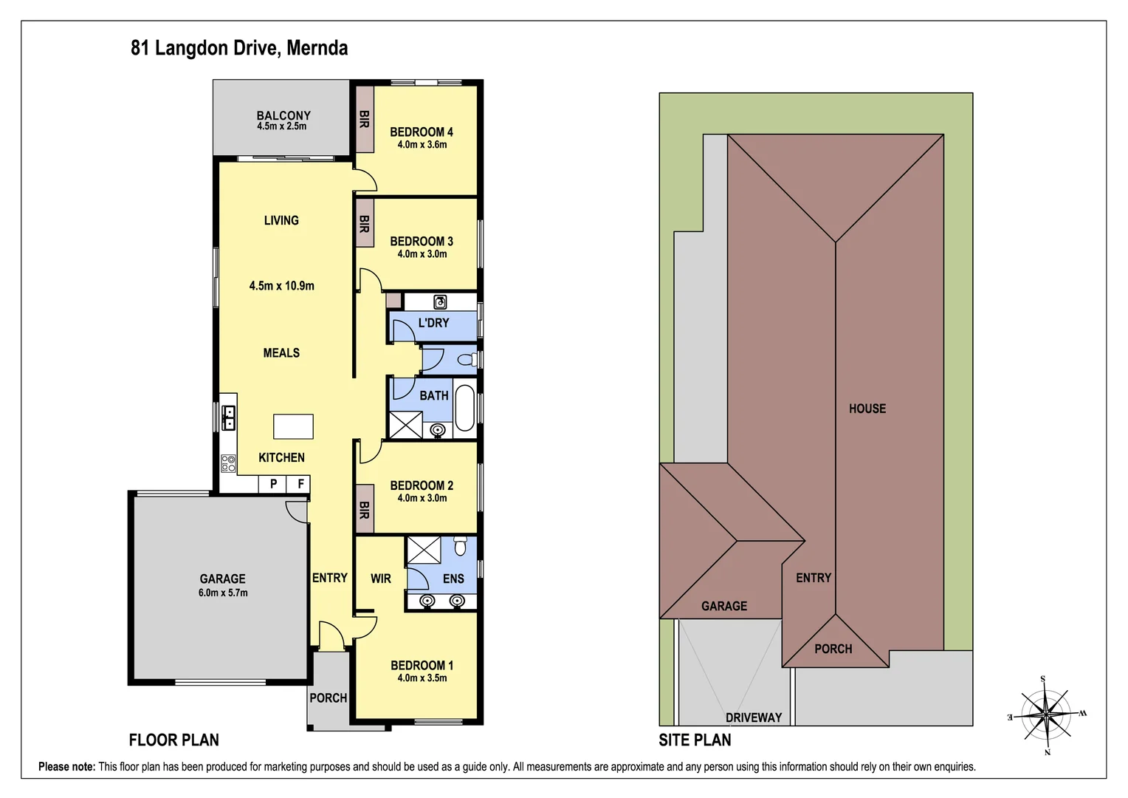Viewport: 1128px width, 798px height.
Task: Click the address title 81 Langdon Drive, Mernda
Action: coord(239,48)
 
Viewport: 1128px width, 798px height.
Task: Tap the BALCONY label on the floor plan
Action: coord(283,115)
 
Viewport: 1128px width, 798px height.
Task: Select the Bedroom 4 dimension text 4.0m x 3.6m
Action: coord(422,145)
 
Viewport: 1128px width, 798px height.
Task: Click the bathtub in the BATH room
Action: coord(464,407)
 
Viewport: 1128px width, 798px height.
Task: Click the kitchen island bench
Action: coord(293,426)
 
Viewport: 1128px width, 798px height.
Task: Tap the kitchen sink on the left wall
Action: coord(229,418)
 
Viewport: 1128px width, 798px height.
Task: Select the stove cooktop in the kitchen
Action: coord(229,463)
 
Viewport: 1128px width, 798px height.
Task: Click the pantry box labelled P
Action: coord(273,484)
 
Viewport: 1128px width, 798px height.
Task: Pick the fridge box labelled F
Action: coord(300,484)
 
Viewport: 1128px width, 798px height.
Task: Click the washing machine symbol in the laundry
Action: coord(440,301)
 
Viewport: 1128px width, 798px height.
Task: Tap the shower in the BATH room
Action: coord(405,426)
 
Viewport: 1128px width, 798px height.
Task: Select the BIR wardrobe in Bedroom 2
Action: coord(364,509)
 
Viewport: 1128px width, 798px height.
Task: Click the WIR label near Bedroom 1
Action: coord(381,579)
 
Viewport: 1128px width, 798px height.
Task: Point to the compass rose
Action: coord(1046,715)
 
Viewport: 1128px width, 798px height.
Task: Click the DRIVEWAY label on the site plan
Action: coord(753,717)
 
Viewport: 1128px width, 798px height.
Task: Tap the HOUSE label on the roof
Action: coord(867,409)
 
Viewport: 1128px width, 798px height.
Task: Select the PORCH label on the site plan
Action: coord(833,649)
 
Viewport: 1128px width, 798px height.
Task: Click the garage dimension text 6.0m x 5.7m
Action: coord(223,593)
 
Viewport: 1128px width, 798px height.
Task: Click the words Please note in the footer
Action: coord(66,767)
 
